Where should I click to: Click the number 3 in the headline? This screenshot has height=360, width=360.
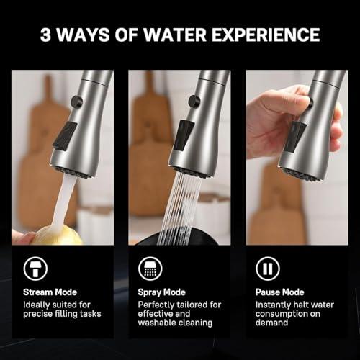click(46, 34)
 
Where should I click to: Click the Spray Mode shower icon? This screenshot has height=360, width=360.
click(150, 268)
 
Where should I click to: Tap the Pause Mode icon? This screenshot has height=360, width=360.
click(267, 268)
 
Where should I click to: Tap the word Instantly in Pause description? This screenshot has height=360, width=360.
click(274, 304)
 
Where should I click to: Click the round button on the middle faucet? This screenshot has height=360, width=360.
click(193, 102)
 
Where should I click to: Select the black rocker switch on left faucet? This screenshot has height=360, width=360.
click(66, 135)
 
